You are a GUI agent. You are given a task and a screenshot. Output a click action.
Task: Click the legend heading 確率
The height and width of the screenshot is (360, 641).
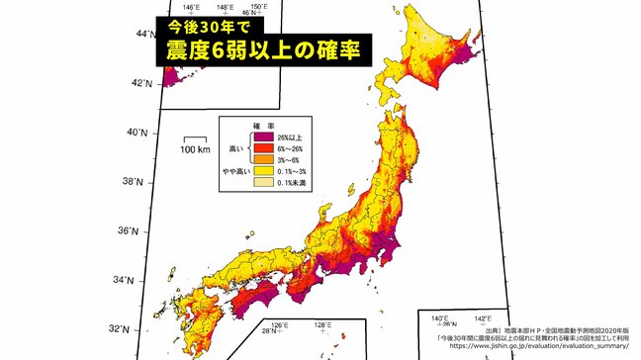265,125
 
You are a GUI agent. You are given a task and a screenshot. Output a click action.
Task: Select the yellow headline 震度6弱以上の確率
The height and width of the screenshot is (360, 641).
260,49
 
